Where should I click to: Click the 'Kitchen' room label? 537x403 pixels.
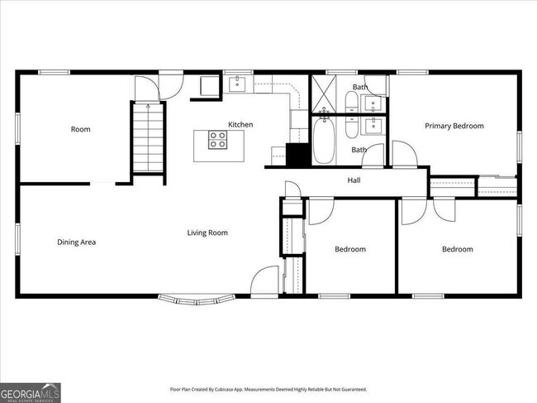click(240, 125)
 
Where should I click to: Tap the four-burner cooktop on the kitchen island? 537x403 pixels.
click(218, 143)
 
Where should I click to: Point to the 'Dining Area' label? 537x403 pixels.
click(77, 242)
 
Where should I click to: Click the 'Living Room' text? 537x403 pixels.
click(207, 233)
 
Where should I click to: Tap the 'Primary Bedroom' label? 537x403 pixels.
click(454, 126)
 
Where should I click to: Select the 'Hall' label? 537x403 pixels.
click(354, 180)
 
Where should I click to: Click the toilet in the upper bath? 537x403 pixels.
click(351, 103)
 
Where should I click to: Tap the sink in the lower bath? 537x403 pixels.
click(374, 127)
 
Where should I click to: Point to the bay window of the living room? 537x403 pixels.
click(197, 298)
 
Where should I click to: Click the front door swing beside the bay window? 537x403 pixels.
click(264, 281)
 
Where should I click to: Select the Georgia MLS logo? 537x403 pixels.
click(31, 392)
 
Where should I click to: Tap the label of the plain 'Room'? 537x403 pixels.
click(80, 129)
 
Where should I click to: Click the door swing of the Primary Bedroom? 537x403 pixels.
click(404, 154)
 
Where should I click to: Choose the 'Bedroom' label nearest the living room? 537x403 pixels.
click(349, 249)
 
